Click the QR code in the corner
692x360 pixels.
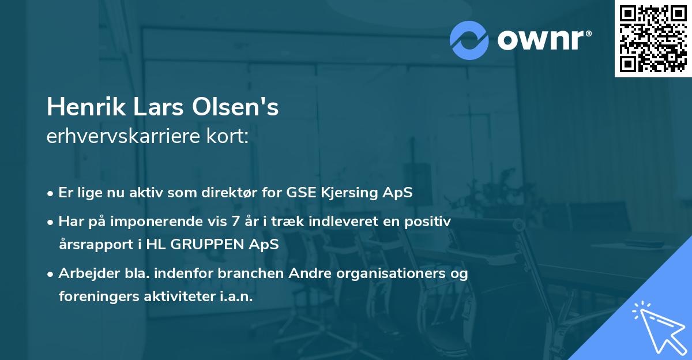[x=653, y=39]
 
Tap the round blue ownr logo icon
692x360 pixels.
[x=469, y=40]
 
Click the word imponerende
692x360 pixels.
[x=156, y=221]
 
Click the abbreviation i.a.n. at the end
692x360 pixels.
[x=235, y=296]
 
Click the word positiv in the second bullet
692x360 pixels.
[x=431, y=221]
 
